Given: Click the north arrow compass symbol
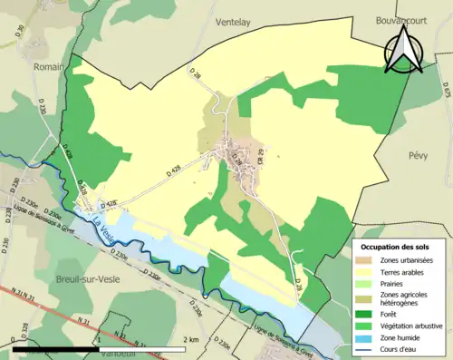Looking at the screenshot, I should [x=402, y=50].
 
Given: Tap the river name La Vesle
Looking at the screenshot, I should [x=104, y=219].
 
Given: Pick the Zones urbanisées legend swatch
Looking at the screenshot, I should [x=371, y=261].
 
